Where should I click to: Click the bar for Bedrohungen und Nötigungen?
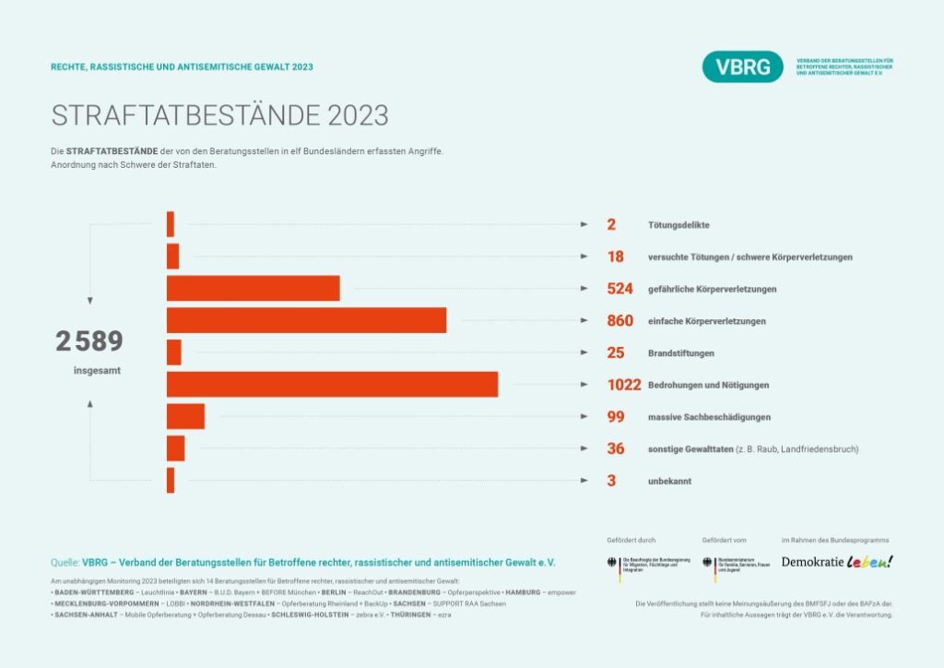(x=332, y=385)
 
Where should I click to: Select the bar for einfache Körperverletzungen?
(x=306, y=320)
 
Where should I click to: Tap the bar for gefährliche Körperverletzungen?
(x=253, y=288)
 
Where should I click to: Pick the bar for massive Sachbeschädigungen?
(x=185, y=417)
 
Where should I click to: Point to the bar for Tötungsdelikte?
(x=171, y=224)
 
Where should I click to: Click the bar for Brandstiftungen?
(x=173, y=352)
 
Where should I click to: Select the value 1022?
(x=624, y=385)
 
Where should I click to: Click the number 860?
(x=619, y=320)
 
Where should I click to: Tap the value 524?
(x=619, y=288)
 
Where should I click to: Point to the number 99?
(x=616, y=417)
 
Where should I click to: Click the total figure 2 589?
(x=88, y=341)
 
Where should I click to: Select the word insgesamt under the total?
(x=97, y=371)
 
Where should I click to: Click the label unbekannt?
(x=669, y=482)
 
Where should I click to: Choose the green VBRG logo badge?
(x=742, y=67)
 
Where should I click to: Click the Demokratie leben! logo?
(x=837, y=561)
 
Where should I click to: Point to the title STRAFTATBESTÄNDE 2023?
(x=220, y=115)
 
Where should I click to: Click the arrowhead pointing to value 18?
(x=584, y=256)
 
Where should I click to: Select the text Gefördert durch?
(x=631, y=540)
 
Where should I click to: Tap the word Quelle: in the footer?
(x=65, y=561)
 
